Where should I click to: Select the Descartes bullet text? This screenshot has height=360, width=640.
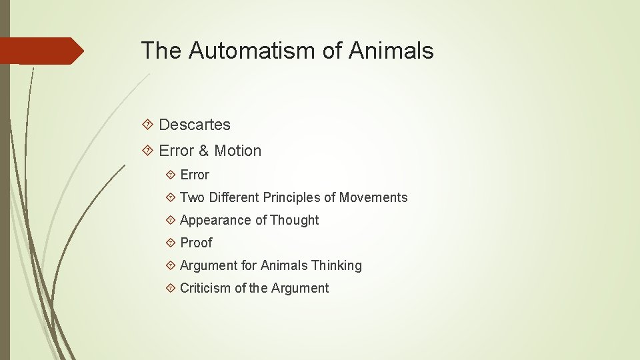pyautogui.click(x=195, y=125)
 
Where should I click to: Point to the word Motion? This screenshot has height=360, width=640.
pyautogui.click(x=238, y=151)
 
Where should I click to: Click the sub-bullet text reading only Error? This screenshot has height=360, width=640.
pyautogui.click(x=195, y=175)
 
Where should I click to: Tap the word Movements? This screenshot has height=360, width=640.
pyautogui.click(x=373, y=197)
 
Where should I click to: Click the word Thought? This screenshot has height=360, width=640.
pyautogui.click(x=295, y=220)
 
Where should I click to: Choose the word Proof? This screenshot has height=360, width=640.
pyautogui.click(x=196, y=243)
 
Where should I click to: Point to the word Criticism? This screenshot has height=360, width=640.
pyautogui.click(x=205, y=288)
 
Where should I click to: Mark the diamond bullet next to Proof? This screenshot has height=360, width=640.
pyautogui.click(x=171, y=243)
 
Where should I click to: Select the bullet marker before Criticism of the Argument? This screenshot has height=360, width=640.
pyautogui.click(x=171, y=288)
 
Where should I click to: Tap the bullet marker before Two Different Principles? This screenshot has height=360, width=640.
pyautogui.click(x=171, y=197)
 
